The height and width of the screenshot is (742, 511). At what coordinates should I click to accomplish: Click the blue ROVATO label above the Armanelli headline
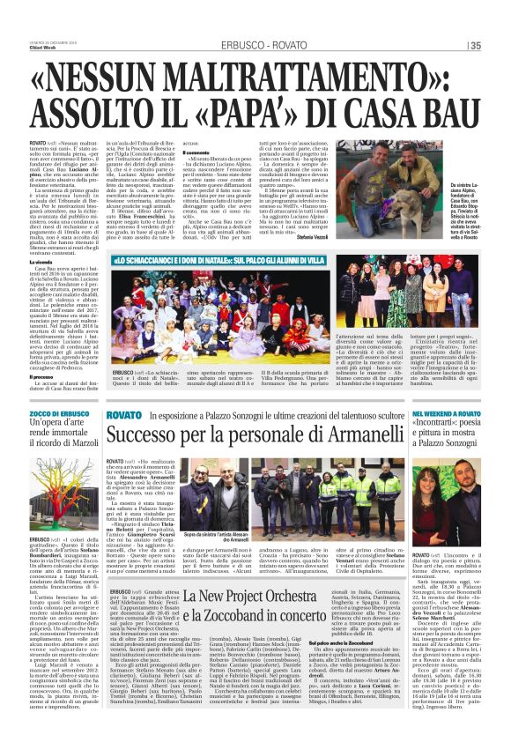pos(123,414)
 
